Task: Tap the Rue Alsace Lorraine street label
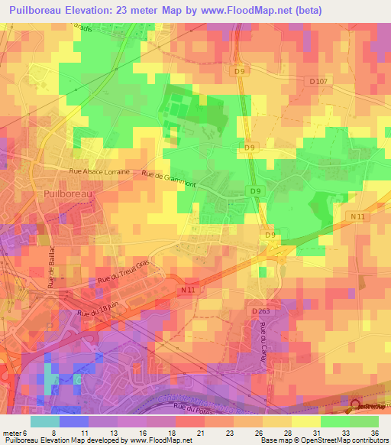click(99, 173)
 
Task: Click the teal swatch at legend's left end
click(44, 421)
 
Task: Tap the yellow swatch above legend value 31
click(306, 421)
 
